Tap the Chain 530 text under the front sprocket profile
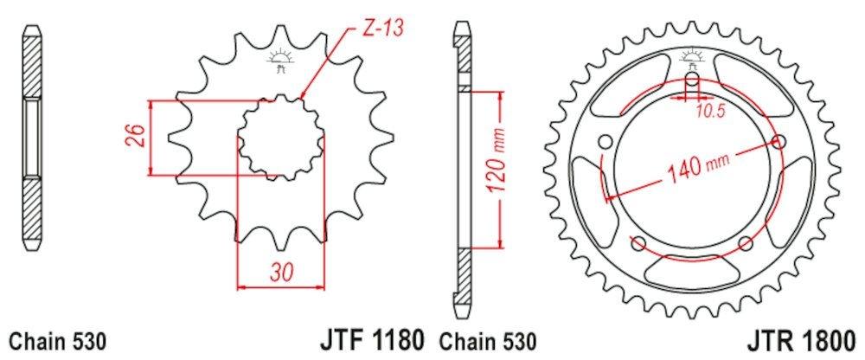(57, 339)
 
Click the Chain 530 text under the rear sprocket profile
(489, 339)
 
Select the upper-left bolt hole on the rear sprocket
(605, 142)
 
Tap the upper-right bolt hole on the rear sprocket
(780, 142)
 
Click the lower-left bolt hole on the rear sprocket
(638, 241)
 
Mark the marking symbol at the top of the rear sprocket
(692, 58)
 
